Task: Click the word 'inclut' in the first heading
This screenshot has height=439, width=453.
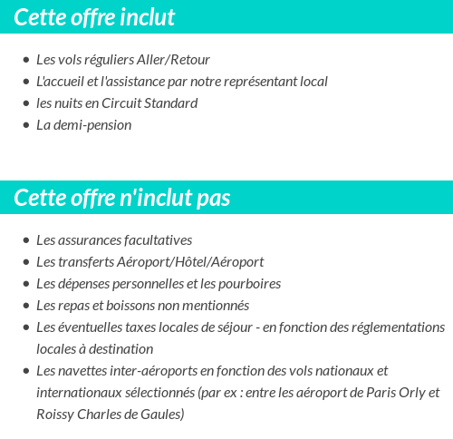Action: coord(143,17)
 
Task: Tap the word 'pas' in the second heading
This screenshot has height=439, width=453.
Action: coord(213,198)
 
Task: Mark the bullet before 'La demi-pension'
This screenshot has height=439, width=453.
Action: coord(26,125)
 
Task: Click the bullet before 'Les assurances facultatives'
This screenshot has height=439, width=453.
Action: coord(26,240)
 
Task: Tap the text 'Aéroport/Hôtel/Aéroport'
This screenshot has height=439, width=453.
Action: coord(190,262)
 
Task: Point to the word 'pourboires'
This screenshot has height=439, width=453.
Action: coord(249,284)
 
